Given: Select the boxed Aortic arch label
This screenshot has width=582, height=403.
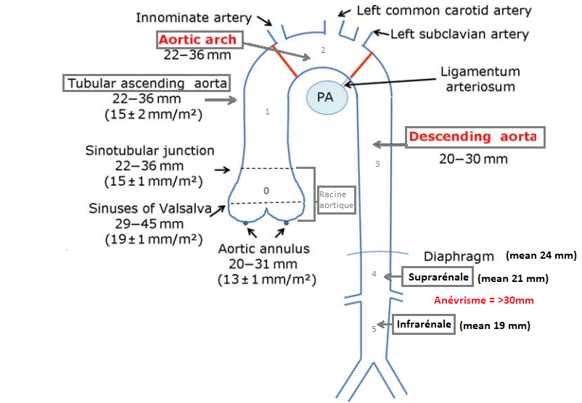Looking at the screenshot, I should [198, 40].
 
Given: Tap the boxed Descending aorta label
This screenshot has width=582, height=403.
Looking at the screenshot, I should [472, 137].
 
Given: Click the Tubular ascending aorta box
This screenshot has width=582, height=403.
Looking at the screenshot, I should [148, 83].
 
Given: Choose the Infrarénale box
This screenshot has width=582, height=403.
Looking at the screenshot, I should [424, 324].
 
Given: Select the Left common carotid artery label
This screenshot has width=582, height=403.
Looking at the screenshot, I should [444, 11].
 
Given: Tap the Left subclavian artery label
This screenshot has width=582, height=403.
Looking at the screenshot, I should [459, 34].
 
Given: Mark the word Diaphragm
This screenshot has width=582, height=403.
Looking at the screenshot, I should [460, 256].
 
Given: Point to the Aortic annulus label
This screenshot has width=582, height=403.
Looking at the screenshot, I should [265, 249].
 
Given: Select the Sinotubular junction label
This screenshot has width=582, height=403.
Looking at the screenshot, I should [149, 151].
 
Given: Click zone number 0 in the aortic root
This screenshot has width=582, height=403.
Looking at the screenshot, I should [266, 190].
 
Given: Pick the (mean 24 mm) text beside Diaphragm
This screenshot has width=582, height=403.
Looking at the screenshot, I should [541, 255].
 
